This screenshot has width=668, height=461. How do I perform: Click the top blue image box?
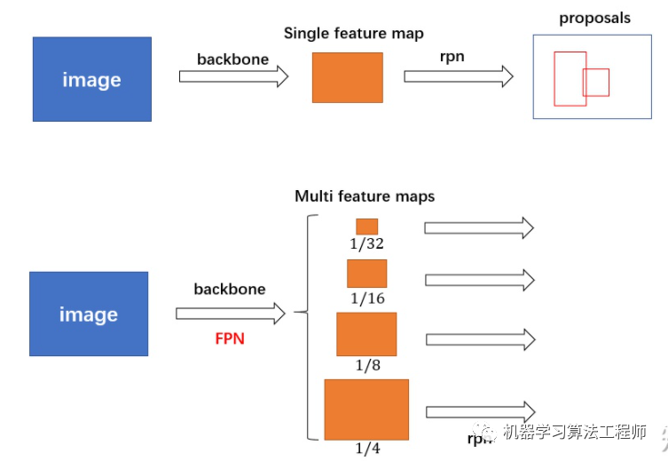91,79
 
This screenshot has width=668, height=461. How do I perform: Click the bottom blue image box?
89,314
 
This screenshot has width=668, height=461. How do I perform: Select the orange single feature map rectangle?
347,77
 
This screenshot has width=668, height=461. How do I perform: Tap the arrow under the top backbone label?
233,76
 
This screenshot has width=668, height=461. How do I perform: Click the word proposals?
594,18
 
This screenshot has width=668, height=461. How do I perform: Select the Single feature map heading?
353,33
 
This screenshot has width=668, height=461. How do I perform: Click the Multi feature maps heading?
365,196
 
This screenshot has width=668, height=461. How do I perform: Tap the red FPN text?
230,338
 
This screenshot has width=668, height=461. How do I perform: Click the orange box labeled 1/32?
366,227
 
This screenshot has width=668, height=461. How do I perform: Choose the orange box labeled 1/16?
366,274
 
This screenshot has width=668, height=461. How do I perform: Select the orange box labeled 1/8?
366,334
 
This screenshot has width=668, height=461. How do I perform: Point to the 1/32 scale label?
367,243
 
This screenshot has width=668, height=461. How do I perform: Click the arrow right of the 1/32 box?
478,228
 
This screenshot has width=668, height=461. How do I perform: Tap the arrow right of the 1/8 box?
481,339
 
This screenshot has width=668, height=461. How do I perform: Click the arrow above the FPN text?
231,314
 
